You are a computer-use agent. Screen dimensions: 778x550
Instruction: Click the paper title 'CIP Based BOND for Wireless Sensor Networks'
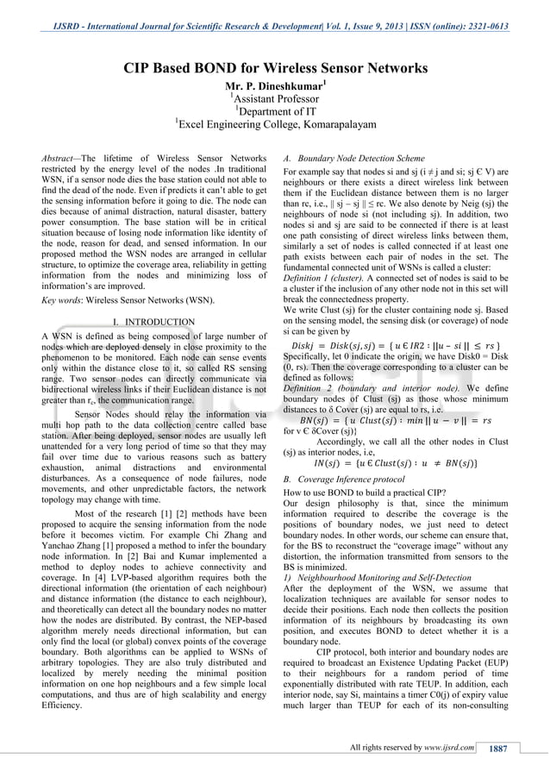(x=275, y=68)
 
